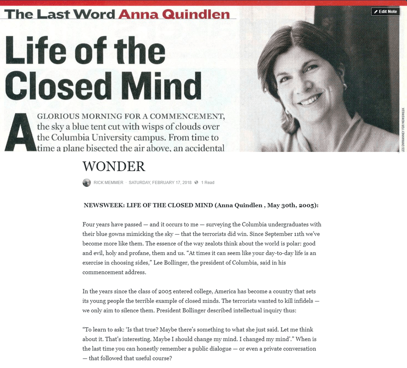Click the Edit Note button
point(385,11)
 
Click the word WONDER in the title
point(114,166)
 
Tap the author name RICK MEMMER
point(109,183)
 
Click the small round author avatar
point(87,183)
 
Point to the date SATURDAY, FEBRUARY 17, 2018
point(160,183)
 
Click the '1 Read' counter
point(208,183)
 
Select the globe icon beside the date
point(196,183)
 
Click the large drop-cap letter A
point(20,132)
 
